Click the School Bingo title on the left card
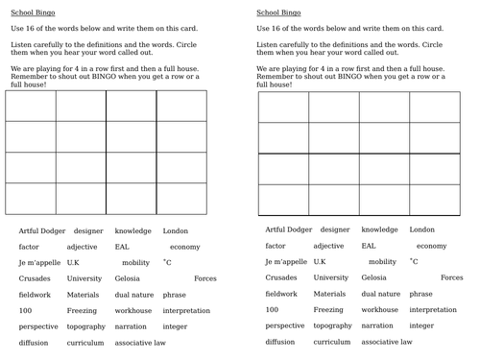(x=33, y=13)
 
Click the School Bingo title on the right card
(x=278, y=13)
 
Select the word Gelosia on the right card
(x=373, y=277)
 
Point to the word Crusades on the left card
(x=35, y=278)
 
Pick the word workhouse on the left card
(x=133, y=310)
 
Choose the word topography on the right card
(x=332, y=325)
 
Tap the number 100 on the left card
(x=25, y=310)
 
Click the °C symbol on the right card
(x=414, y=261)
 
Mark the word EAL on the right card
(x=369, y=246)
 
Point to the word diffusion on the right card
(x=279, y=342)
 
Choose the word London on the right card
(x=421, y=229)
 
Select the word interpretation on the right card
(x=433, y=310)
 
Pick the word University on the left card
(x=84, y=278)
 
